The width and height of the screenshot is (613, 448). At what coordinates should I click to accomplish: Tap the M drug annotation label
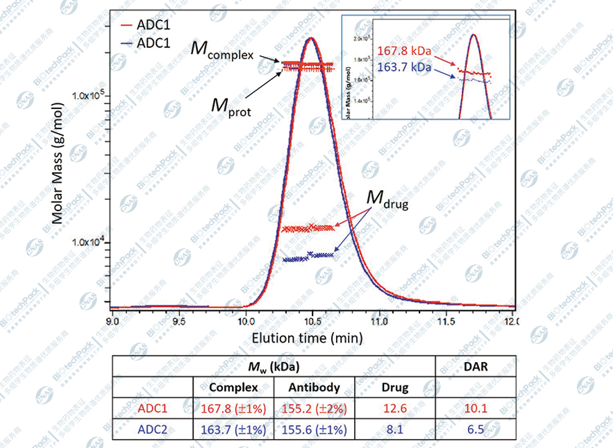pos(386,199)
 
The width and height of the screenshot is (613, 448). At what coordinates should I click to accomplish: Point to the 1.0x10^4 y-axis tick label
pos(85,242)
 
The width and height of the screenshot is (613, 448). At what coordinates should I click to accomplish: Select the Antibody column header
pos(314,388)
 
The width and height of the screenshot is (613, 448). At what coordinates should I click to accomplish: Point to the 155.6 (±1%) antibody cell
pos(314,430)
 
